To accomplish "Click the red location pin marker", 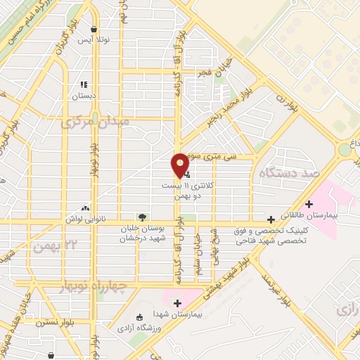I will (180, 165).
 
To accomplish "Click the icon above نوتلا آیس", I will (94, 29).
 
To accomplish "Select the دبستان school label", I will (84, 94).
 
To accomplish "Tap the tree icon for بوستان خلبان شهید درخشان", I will (143, 217).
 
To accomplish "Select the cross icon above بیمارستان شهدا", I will (177, 302).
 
